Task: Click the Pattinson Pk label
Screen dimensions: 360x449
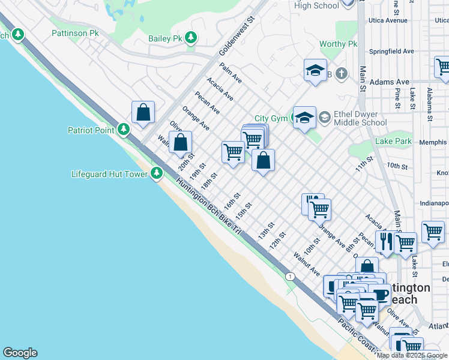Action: [75, 33]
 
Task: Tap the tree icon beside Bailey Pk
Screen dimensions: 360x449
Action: [191, 38]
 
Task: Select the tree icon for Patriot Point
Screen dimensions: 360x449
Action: [123, 130]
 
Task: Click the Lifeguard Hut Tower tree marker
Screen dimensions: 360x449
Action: [157, 174]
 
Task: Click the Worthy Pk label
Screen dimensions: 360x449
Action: [338, 44]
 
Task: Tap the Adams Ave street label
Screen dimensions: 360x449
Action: [389, 82]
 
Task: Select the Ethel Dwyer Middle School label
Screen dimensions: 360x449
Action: [360, 118]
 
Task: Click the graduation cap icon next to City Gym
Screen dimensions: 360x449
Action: [304, 118]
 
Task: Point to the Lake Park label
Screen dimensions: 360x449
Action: [393, 142]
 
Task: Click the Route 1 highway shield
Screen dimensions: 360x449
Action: [291, 276]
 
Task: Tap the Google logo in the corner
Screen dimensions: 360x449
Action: [20, 353]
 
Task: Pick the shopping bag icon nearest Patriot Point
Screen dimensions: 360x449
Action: [143, 112]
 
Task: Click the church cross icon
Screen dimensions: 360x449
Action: [341, 74]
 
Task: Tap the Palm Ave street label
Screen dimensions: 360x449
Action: [231, 73]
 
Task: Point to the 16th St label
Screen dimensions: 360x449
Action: [232, 200]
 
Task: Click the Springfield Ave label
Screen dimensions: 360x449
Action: [391, 52]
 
